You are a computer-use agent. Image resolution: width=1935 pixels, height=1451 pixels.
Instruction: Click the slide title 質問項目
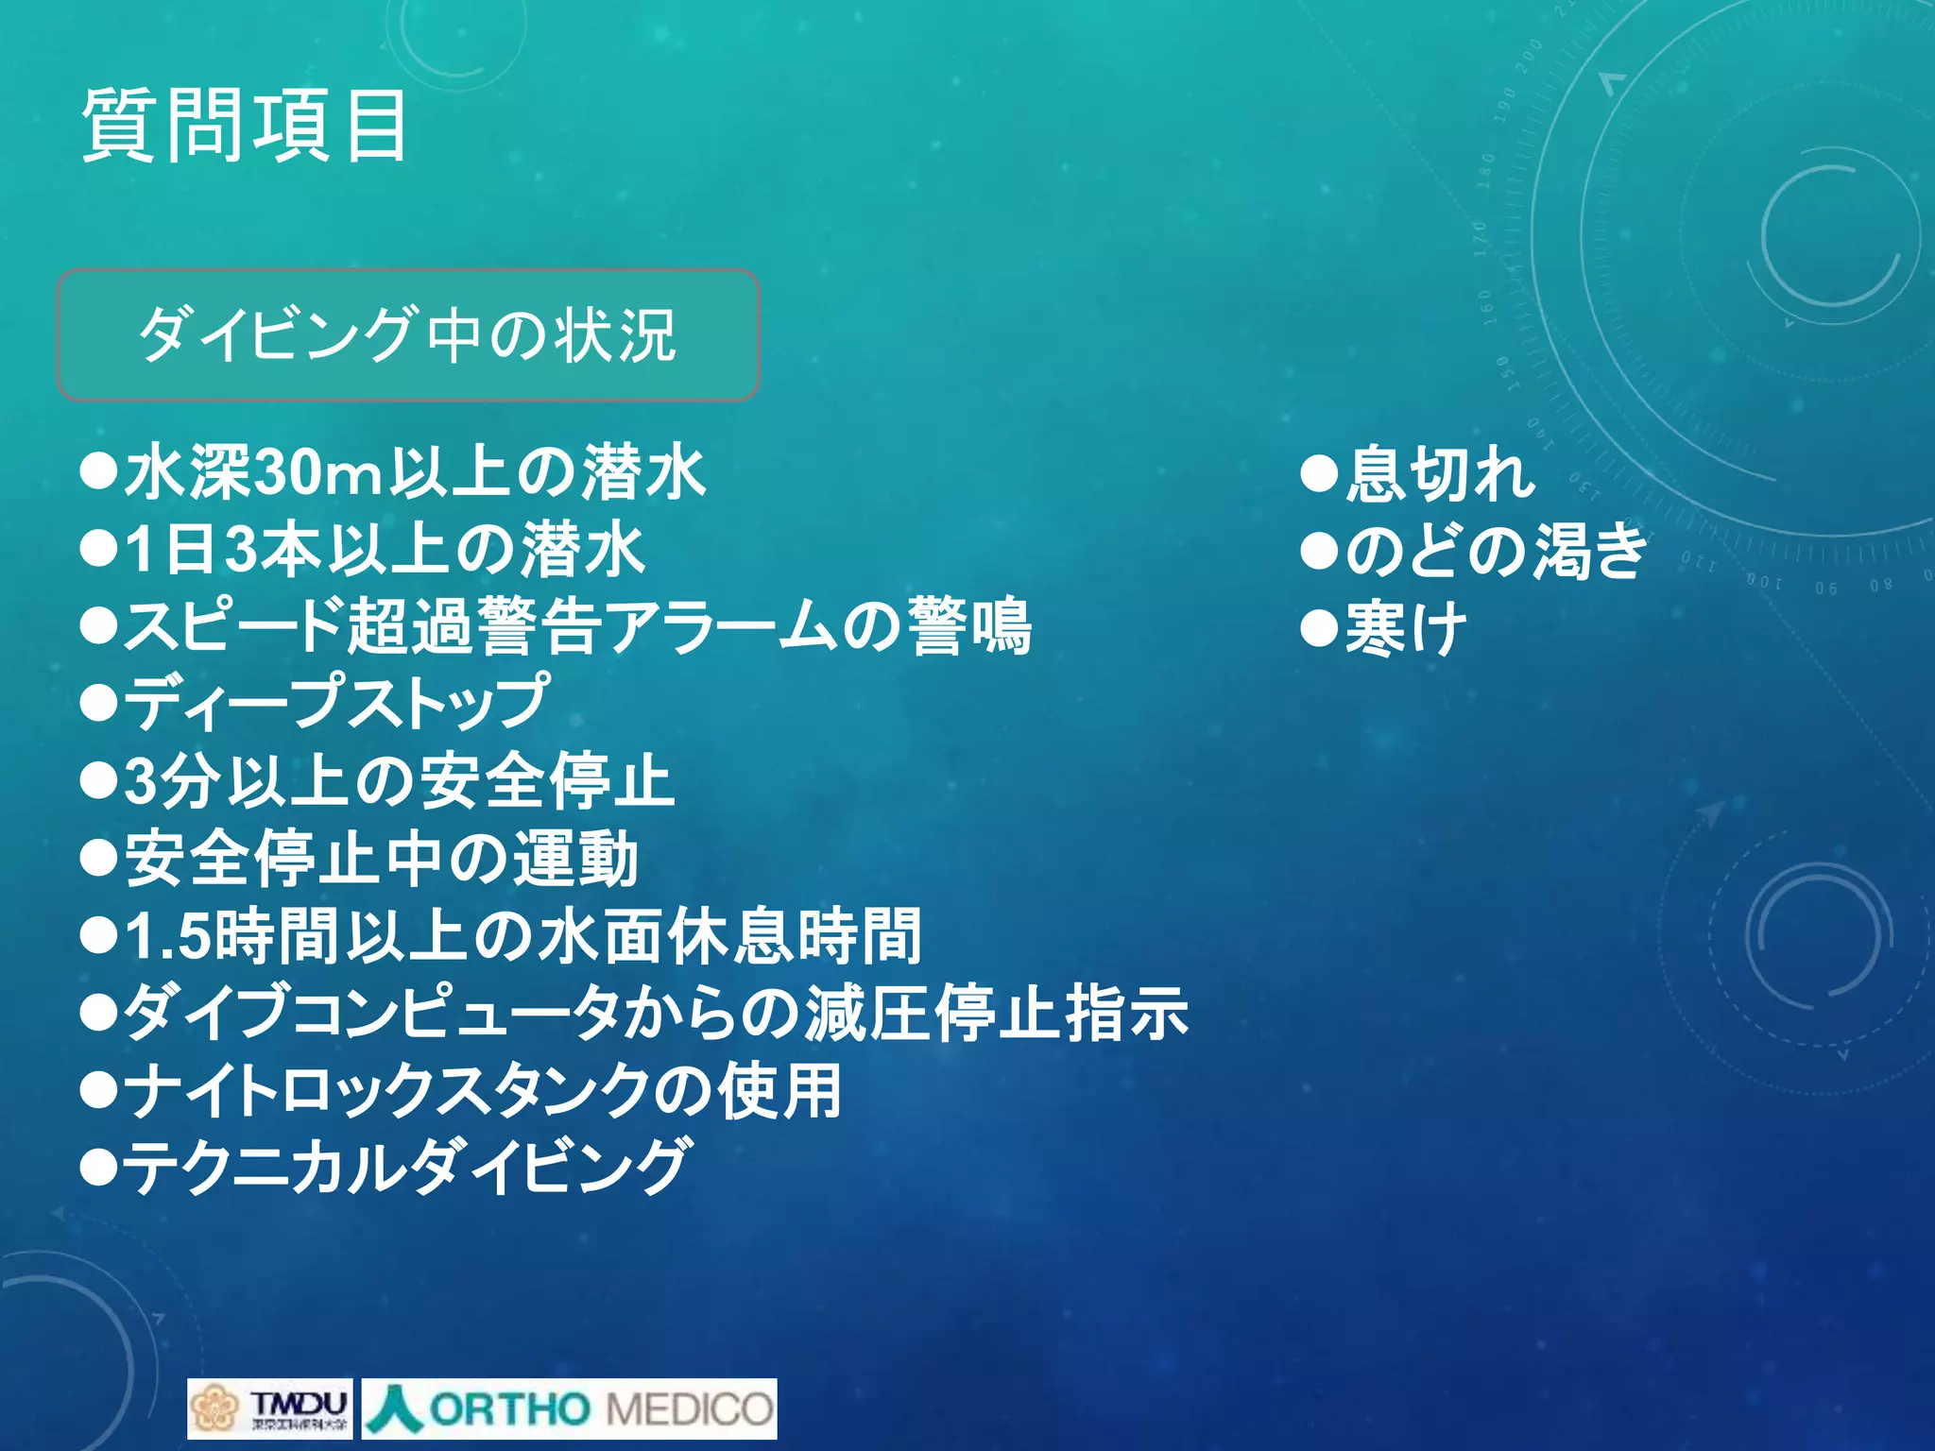(x=245, y=126)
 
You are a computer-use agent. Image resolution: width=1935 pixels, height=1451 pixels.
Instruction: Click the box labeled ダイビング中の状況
(x=408, y=335)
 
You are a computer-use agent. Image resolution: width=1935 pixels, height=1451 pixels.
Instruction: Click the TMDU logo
(x=270, y=1408)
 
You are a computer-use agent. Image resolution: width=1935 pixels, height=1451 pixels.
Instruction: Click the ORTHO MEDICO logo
(x=570, y=1408)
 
